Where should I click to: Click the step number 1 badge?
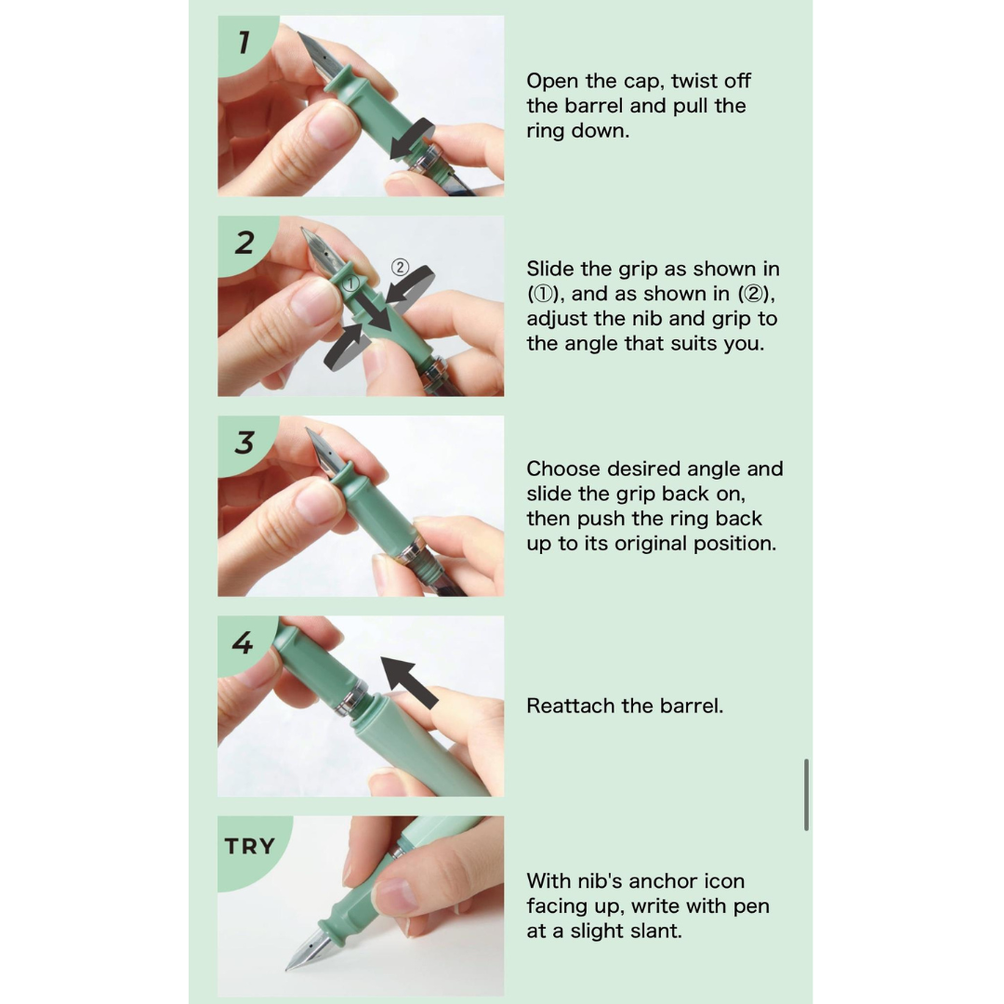(244, 43)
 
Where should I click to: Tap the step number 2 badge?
(244, 244)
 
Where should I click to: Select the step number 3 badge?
(244, 443)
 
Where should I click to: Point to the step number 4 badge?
(243, 642)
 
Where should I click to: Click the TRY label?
(250, 847)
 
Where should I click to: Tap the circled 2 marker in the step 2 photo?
(400, 267)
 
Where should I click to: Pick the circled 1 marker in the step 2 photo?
(350, 283)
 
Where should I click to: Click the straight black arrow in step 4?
(409, 682)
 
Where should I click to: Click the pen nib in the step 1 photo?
(316, 56)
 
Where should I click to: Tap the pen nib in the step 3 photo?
(324, 452)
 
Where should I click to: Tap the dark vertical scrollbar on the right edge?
(806, 795)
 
